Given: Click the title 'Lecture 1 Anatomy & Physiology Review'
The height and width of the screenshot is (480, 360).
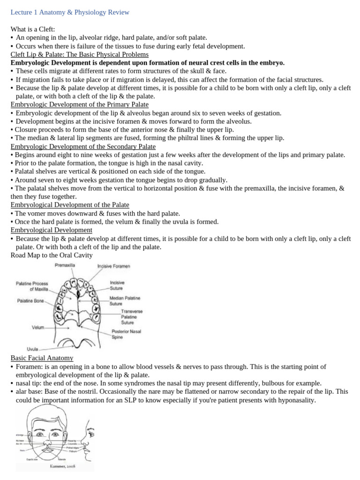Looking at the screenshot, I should [x=70, y=12].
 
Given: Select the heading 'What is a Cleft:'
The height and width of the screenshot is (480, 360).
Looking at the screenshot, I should [x=33, y=30].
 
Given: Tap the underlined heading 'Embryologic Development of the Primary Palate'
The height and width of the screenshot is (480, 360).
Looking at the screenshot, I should [x=79, y=105].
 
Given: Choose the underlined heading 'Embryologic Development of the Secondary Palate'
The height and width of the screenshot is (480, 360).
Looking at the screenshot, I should [x=82, y=147].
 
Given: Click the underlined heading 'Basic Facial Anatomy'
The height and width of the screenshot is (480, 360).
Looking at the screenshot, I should [x=42, y=358].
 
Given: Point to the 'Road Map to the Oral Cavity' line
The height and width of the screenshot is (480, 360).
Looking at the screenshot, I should [x=51, y=255].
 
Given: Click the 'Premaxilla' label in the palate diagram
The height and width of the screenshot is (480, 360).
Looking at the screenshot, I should [x=65, y=265].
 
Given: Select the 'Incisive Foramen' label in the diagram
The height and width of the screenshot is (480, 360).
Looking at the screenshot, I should [x=113, y=266].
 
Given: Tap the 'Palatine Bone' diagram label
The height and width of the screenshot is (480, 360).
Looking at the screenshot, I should [x=31, y=300].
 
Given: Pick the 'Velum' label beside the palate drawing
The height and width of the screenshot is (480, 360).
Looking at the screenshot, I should [x=38, y=327].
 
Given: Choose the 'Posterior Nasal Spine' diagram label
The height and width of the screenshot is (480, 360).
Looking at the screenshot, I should [x=126, y=334].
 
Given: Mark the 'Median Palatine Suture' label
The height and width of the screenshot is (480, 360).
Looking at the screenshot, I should [x=125, y=300].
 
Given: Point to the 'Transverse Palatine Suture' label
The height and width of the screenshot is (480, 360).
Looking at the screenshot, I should [x=132, y=317].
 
